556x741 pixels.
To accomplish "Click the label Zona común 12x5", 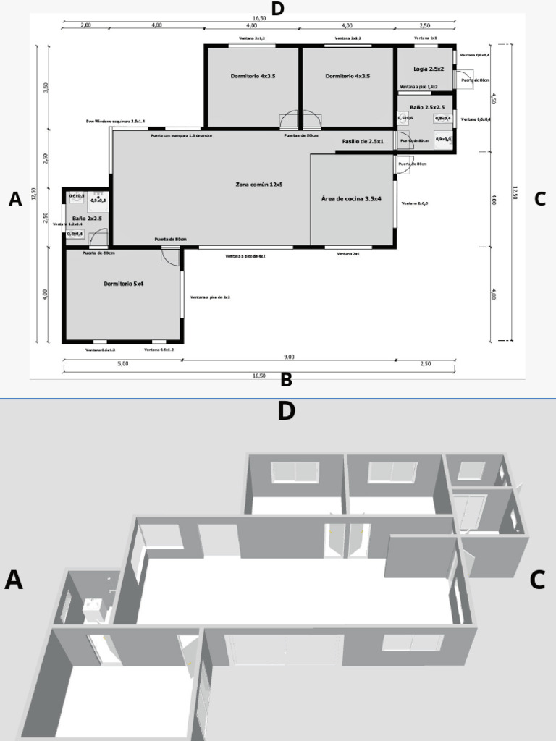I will [258, 185].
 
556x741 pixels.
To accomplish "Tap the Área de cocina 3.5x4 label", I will [351, 198].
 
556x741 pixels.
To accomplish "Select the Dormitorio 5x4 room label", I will [124, 284].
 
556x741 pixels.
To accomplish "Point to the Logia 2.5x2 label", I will [429, 69].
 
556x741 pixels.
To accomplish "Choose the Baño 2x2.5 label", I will [87, 218].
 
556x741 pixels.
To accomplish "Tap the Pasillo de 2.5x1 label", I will [363, 141].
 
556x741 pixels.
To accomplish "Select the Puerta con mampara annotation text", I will [181, 135].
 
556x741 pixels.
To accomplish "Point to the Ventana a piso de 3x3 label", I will [210, 297].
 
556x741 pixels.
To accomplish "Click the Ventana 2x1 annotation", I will [348, 255].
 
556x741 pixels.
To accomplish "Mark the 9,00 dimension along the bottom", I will [289, 357].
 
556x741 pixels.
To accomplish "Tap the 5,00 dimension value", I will [122, 364].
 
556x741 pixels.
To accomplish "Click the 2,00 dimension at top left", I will [85, 25].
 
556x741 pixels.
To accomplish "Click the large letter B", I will [286, 380].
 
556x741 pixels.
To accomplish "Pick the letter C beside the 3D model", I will [537, 580].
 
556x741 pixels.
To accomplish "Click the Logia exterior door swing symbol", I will [463, 78].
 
